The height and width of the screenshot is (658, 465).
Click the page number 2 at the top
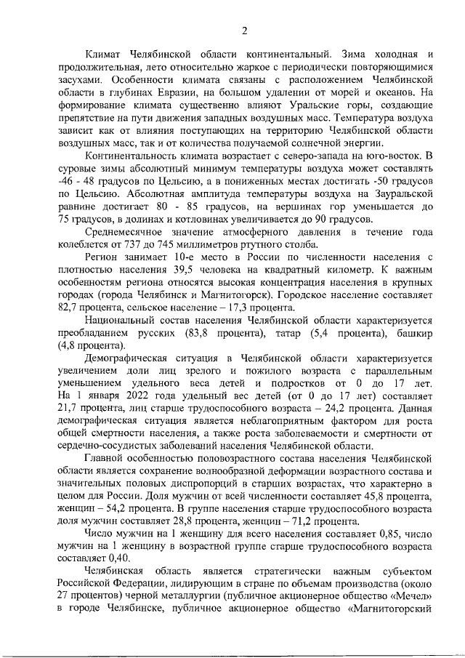(x=245, y=30)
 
